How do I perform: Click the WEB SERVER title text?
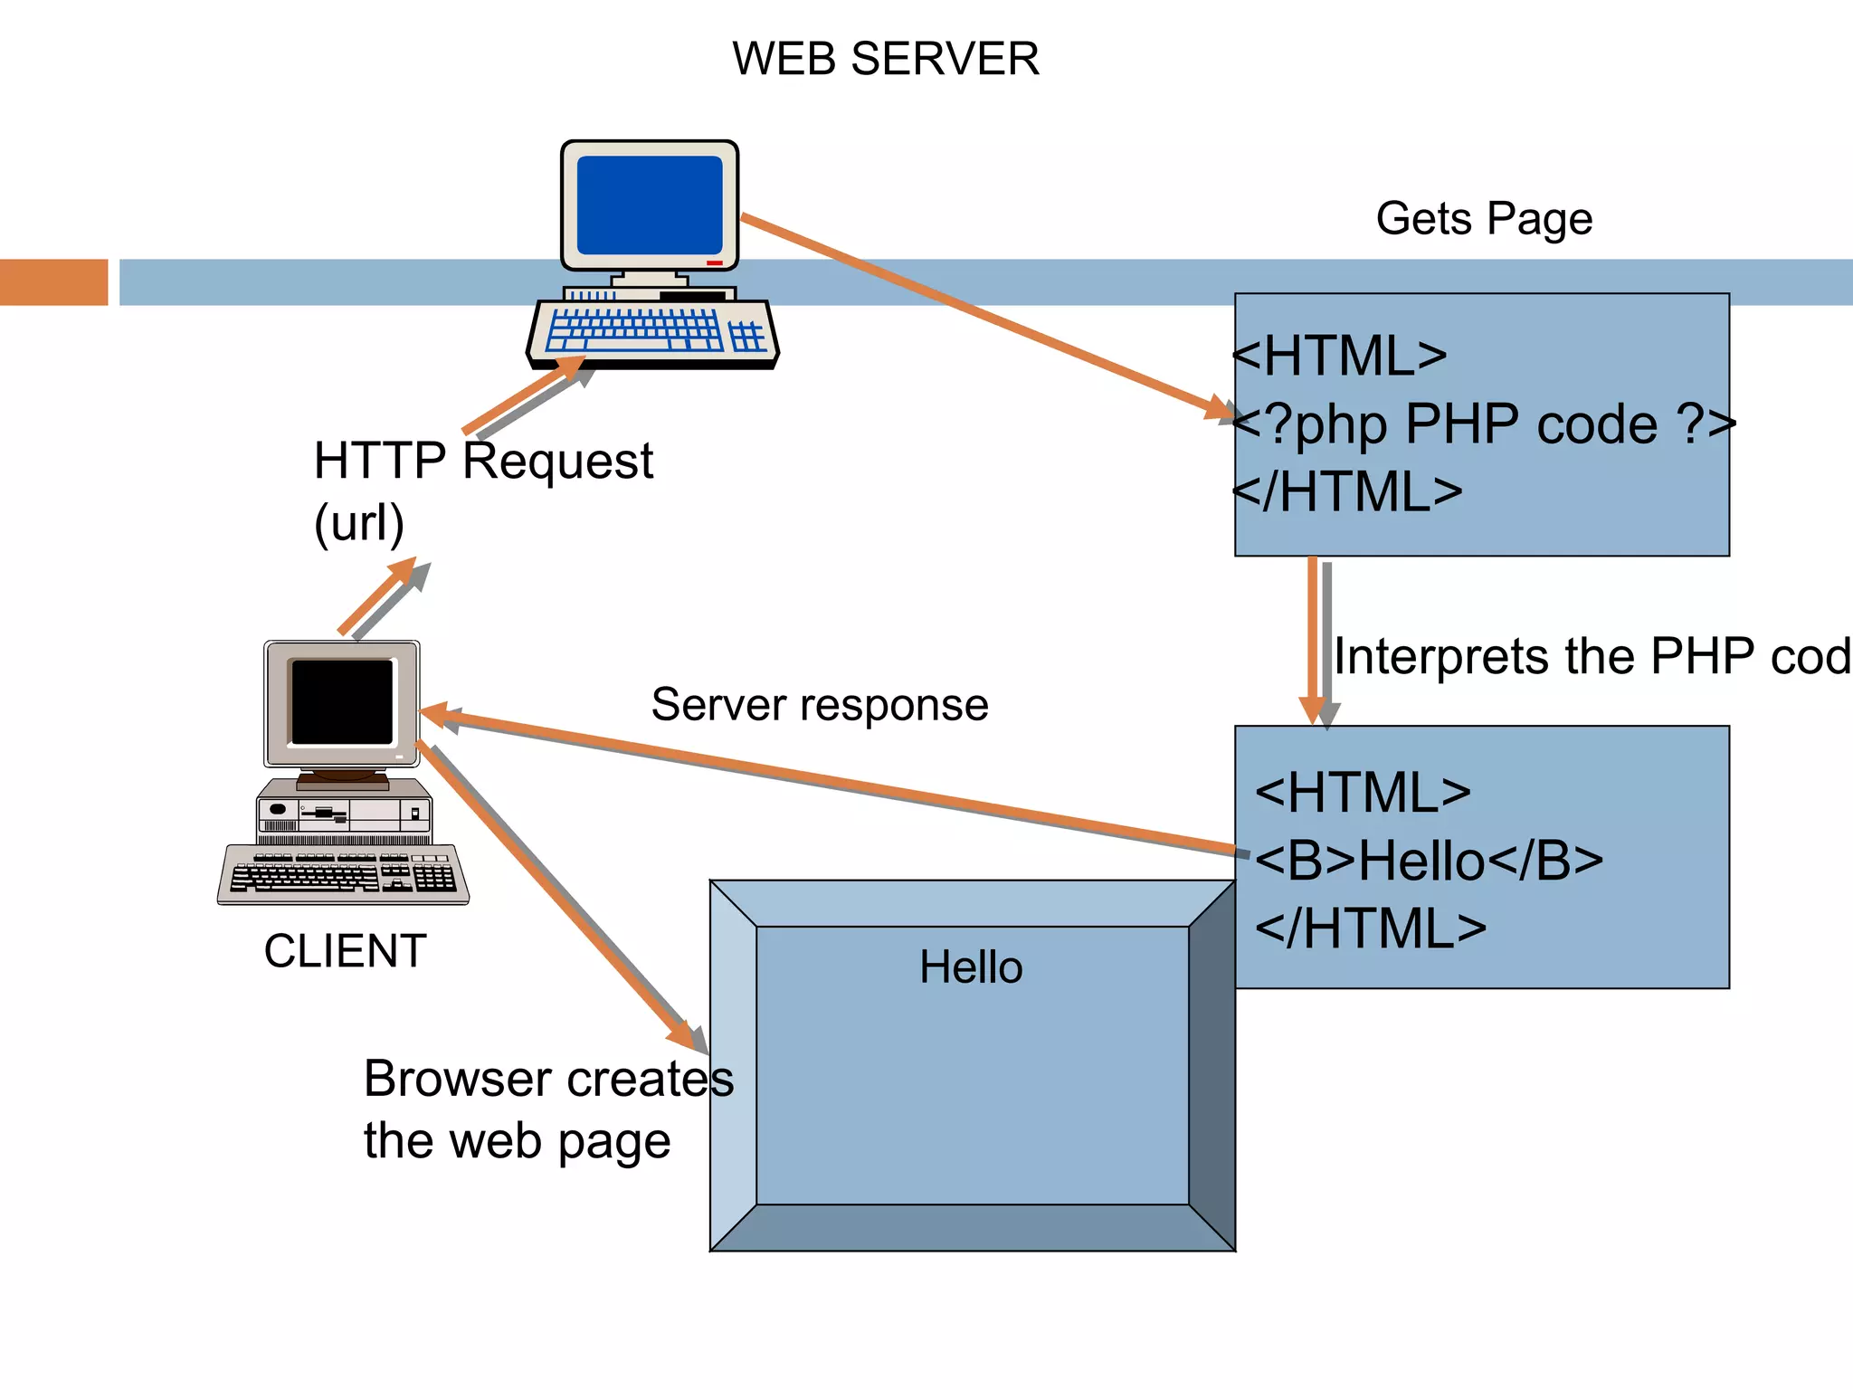(885, 60)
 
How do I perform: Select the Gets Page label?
(1484, 219)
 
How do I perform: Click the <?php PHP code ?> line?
(1484, 424)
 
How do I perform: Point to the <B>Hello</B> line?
(1430, 860)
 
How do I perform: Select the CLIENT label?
(345, 951)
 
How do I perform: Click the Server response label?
(820, 705)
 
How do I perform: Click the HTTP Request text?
(483, 462)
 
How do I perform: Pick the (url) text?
(358, 523)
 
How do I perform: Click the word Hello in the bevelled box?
(971, 967)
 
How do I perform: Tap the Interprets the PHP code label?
(1592, 656)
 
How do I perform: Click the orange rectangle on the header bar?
(53, 282)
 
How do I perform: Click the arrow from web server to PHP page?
(986, 317)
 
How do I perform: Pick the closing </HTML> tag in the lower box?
(1371, 928)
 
